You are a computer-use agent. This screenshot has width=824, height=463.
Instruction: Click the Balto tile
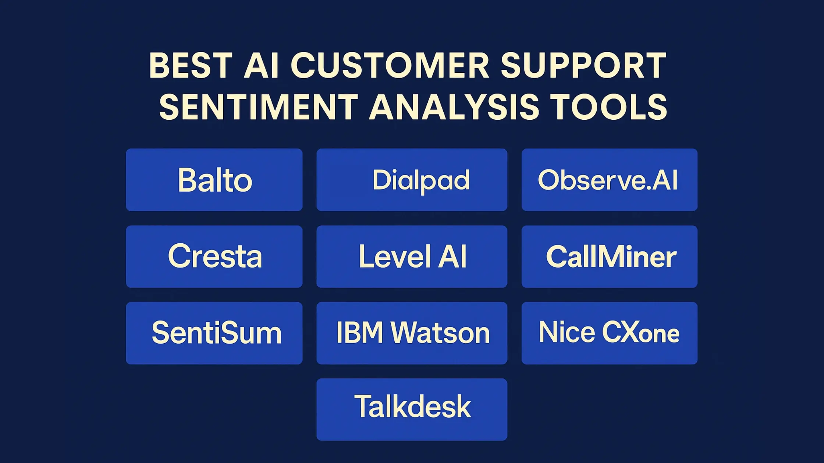[214, 180]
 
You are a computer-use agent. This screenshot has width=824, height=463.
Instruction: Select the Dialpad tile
[412, 180]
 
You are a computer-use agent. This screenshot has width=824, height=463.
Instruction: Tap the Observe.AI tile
[609, 180]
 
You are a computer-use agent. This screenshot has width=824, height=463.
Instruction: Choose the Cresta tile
[214, 256]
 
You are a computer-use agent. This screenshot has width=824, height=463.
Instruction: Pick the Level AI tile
[412, 256]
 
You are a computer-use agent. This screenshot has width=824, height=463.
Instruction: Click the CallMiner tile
[609, 256]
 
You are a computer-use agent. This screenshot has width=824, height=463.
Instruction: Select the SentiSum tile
[214, 333]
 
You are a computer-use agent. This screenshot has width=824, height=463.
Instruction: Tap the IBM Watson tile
[412, 333]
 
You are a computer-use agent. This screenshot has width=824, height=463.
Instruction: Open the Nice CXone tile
[609, 333]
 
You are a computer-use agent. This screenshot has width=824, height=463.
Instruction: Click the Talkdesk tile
[412, 409]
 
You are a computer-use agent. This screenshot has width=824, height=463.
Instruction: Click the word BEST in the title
[191, 66]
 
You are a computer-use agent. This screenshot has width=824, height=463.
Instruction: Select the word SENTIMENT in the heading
[259, 107]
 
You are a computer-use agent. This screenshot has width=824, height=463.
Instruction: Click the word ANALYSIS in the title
[454, 107]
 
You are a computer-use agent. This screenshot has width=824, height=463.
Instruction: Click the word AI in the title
[261, 66]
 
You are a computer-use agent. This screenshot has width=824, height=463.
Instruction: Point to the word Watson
[440, 333]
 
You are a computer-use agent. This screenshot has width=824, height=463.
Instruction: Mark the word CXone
[640, 333]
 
